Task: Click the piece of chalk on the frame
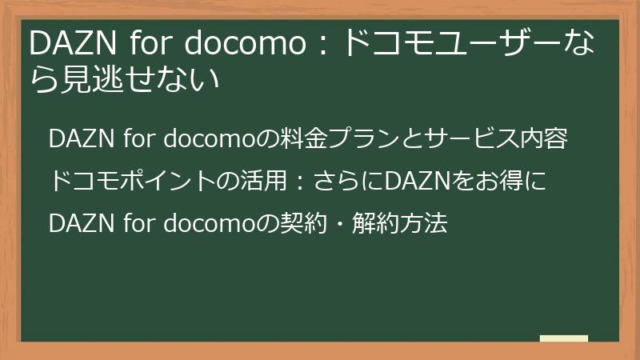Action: click(563, 339)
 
